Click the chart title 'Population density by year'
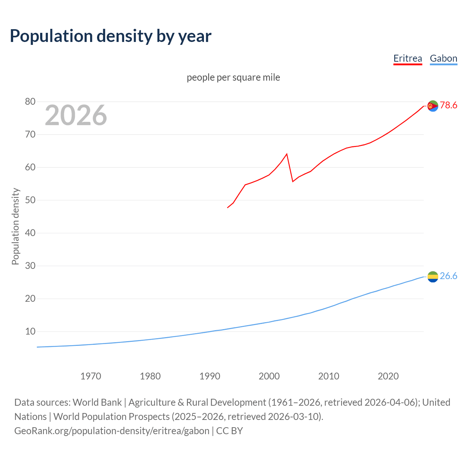(x=111, y=36)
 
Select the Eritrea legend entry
(x=408, y=58)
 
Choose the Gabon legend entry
(x=443, y=58)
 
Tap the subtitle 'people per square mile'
(x=233, y=77)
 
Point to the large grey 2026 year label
(x=76, y=115)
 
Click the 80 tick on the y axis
(x=30, y=102)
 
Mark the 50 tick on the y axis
(x=30, y=200)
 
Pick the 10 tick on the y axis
(x=30, y=332)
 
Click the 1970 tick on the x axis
(x=90, y=376)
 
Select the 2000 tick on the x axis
(x=269, y=376)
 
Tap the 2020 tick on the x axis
(x=388, y=376)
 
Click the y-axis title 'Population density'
(x=15, y=226)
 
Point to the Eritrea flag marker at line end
(x=433, y=106)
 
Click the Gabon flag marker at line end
(x=433, y=277)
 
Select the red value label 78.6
(x=448, y=105)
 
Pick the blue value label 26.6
(x=448, y=276)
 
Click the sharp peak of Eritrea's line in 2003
(x=287, y=154)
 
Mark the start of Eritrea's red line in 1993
(x=228, y=208)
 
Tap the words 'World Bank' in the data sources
(x=97, y=402)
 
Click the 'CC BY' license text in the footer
(x=229, y=431)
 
